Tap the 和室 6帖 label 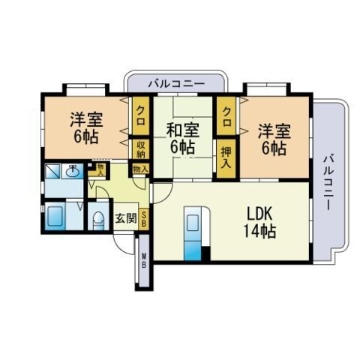183,138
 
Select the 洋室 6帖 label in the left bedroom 86,128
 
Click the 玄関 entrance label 126,218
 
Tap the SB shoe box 144,219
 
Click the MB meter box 144,260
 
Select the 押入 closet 226,158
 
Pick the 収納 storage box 141,149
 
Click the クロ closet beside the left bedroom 141,115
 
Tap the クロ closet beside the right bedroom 226,116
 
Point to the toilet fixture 98,220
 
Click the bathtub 55,216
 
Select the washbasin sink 73,171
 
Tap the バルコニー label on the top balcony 176,84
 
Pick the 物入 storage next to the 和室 141,169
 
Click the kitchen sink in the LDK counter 193,223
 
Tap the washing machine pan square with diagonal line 52,171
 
